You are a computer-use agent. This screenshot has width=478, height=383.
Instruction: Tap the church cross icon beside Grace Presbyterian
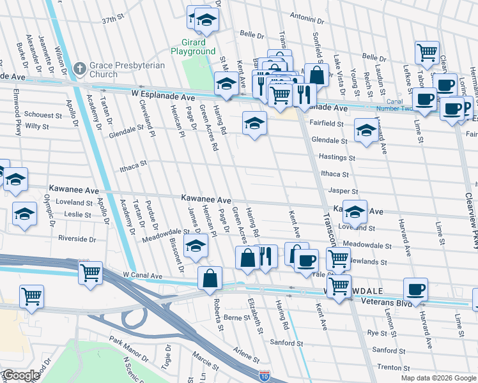[x=80, y=68]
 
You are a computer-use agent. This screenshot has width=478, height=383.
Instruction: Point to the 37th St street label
[x=112, y=20]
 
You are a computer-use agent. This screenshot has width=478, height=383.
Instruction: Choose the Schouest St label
[x=43, y=115]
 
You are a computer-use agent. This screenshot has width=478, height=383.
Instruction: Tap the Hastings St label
[x=337, y=157]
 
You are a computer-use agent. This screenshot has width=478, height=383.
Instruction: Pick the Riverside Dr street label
[x=77, y=239]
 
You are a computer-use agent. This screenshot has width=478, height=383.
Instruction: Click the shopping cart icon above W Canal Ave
[x=90, y=273]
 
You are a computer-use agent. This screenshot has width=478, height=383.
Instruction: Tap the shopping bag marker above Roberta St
[x=210, y=278]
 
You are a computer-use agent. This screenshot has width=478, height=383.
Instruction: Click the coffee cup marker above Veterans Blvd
[x=416, y=289]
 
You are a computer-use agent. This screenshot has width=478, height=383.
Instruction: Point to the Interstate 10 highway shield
[x=264, y=377]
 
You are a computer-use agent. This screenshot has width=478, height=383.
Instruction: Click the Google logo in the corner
[x=21, y=375]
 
